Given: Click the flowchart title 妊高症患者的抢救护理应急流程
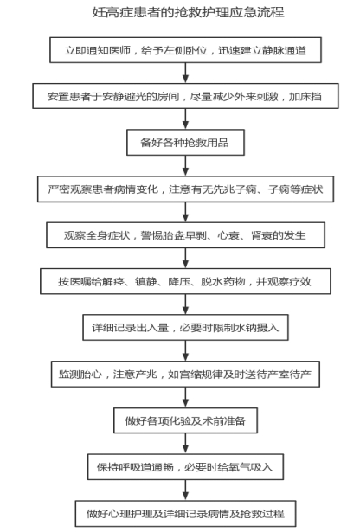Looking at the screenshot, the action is (x=189, y=12).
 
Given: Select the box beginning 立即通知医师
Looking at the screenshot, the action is (x=185, y=50).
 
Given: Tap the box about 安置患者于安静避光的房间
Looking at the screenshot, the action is (x=185, y=96).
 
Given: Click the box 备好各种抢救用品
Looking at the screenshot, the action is (x=185, y=143).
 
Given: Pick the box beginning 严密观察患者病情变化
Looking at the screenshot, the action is (x=185, y=189).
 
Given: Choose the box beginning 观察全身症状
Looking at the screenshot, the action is (x=185, y=235).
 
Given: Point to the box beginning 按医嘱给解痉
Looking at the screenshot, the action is (x=185, y=281).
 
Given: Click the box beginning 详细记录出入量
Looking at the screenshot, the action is (x=185, y=327).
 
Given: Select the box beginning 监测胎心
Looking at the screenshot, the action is (x=185, y=374).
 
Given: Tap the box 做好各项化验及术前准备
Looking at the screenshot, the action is (x=185, y=420).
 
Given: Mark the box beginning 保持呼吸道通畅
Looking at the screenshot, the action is (x=185, y=467).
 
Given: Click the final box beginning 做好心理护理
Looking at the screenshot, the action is (x=185, y=513).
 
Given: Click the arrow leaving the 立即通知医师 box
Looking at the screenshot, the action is (x=185, y=73).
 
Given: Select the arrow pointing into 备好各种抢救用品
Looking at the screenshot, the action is (x=185, y=119).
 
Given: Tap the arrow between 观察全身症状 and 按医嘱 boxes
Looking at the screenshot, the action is (x=185, y=258).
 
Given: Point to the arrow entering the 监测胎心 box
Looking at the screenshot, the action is (x=185, y=351).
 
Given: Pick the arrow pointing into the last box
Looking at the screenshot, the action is (x=185, y=490).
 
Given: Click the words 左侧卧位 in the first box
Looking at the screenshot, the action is (x=185, y=50).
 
